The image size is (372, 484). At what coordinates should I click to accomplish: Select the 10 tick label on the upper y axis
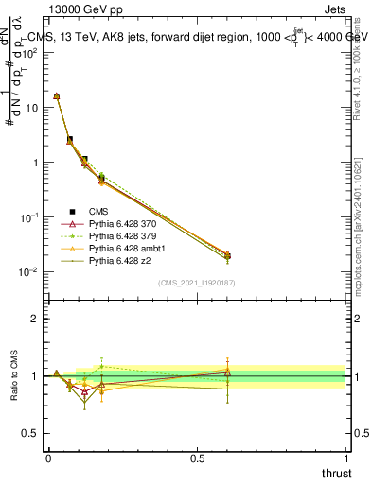click(x=30, y=108)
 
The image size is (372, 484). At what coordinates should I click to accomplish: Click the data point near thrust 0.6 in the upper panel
click(x=227, y=255)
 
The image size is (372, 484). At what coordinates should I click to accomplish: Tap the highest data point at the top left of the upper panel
click(x=57, y=96)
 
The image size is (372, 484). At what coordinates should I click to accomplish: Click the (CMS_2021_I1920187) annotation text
click(x=197, y=283)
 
